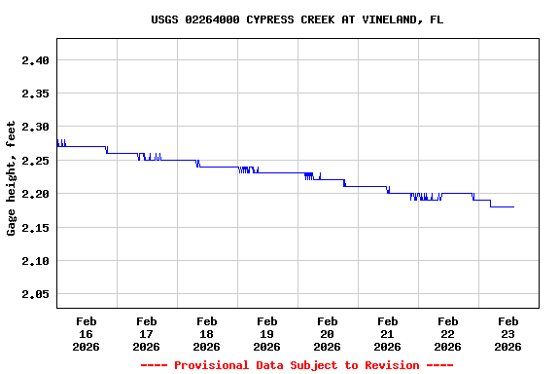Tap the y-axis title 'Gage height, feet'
click(x=12, y=178)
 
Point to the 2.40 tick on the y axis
click(x=35, y=60)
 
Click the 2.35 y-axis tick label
click(x=35, y=93)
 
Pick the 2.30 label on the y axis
click(x=35, y=127)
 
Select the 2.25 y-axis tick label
click(x=35, y=161)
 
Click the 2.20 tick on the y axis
click(x=35, y=194)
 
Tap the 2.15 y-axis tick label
click(x=35, y=227)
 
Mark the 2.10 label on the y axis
click(x=35, y=260)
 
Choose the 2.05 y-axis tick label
click(x=35, y=294)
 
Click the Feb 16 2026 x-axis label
click(x=87, y=333)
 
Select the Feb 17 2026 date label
click(x=147, y=333)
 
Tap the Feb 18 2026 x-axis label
click(x=207, y=333)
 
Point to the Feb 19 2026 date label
click(x=267, y=333)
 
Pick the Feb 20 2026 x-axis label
click(x=328, y=333)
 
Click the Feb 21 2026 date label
click(x=388, y=333)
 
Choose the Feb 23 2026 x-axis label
click(x=508, y=333)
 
